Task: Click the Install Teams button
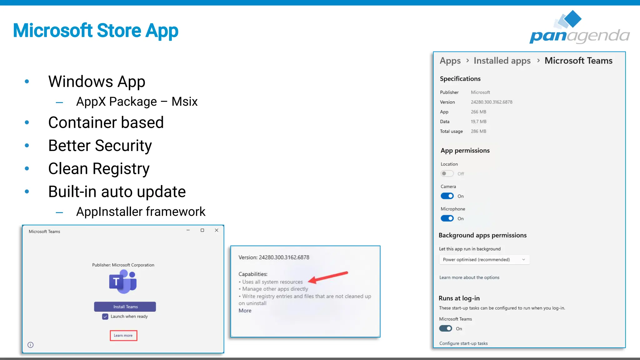(125, 307)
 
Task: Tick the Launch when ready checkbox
(105, 317)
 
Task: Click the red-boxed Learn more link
(123, 335)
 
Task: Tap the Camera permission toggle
(447, 196)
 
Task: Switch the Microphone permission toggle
(447, 218)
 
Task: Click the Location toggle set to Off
(447, 173)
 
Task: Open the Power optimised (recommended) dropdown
(484, 259)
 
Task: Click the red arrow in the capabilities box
(328, 277)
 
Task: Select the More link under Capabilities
(245, 311)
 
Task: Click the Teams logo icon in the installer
(123, 282)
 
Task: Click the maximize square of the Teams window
(202, 230)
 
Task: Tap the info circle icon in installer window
(31, 345)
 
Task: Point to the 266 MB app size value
(478, 112)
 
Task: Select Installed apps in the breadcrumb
(502, 61)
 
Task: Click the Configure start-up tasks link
(463, 343)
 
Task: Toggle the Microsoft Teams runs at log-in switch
(446, 328)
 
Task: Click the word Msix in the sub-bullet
(184, 102)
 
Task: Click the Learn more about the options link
(469, 277)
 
